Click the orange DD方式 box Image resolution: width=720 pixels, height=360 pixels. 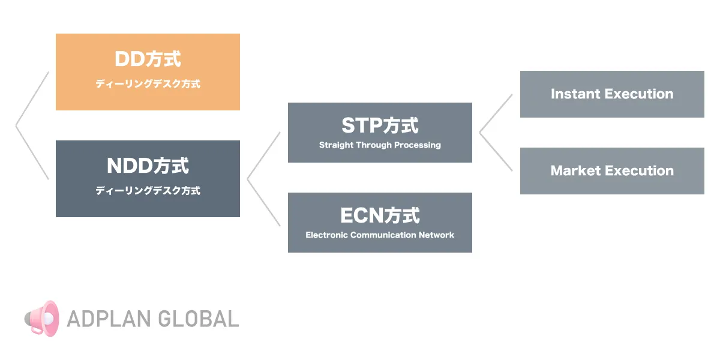click(x=148, y=72)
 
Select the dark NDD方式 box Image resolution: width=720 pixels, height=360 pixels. click(x=148, y=179)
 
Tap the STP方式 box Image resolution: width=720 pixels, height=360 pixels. click(x=380, y=133)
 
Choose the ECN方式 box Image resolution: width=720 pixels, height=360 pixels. click(x=380, y=223)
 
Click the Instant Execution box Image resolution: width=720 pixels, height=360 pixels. click(x=612, y=94)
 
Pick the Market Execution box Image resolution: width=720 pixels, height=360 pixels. click(x=612, y=171)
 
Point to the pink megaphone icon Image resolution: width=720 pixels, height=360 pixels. click(x=42, y=319)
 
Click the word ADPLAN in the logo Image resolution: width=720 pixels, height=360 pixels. click(x=109, y=319)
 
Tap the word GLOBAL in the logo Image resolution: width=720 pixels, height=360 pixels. click(x=199, y=319)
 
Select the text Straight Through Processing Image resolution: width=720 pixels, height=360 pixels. click(x=380, y=145)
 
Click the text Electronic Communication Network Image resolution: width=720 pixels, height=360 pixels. click(x=380, y=235)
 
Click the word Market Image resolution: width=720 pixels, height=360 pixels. click(x=575, y=170)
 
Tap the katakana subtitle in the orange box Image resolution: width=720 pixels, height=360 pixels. click(x=148, y=84)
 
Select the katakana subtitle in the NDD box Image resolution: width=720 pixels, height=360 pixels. click(x=148, y=191)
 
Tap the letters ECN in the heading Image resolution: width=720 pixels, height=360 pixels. click(x=362, y=215)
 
